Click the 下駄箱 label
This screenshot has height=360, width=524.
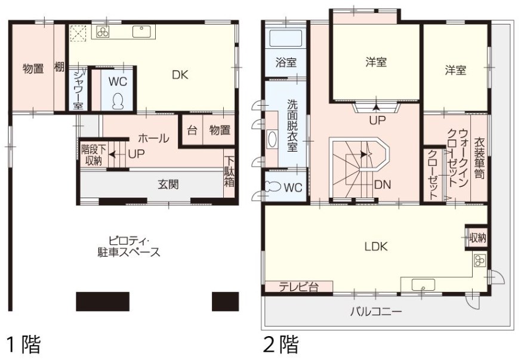point(229,173)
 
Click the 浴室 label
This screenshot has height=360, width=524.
point(286,62)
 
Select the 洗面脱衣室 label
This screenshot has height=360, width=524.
point(292,125)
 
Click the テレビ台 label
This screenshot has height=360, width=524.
point(298,287)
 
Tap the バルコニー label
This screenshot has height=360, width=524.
point(375,311)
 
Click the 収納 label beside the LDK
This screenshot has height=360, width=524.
point(478,237)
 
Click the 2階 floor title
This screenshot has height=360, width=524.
point(281,344)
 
